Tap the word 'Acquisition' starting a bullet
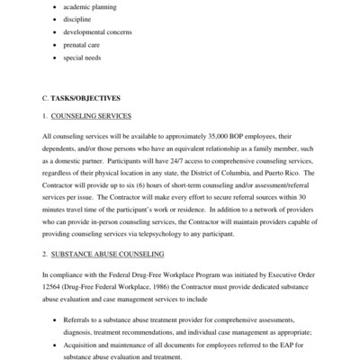(83, 344)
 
